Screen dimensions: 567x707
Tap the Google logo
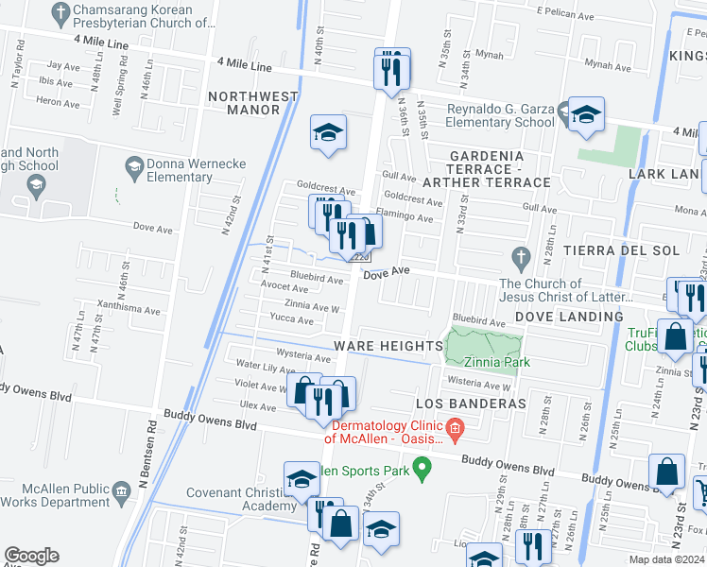coord(31,556)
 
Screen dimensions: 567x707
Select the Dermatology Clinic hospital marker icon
coord(456,430)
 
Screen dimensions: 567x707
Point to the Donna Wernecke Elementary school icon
coord(134,166)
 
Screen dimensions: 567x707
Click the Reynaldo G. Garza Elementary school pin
coord(586,116)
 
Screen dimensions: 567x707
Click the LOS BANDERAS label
coord(470,404)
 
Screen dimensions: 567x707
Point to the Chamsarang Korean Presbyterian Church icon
coord(60,12)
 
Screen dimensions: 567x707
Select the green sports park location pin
coord(423,466)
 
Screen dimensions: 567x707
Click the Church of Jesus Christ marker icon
coord(519,256)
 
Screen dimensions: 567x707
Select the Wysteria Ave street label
coord(302,358)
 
